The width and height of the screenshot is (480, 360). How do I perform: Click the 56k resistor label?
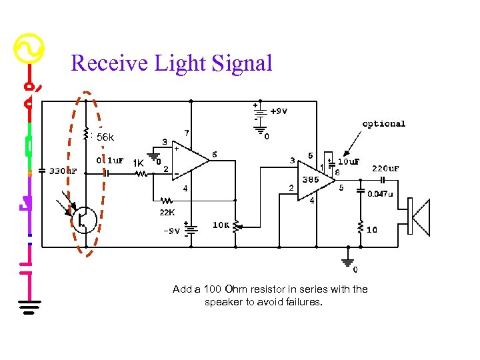[x=105, y=137]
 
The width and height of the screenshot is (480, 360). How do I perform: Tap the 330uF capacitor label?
[x=63, y=171]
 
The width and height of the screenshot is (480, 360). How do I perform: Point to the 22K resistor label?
[x=167, y=213]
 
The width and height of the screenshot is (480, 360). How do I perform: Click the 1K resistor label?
[x=139, y=163]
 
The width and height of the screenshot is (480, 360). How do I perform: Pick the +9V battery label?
[x=279, y=111]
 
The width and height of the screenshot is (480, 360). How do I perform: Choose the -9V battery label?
[x=171, y=231]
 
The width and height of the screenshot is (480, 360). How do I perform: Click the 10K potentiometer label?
[x=221, y=225]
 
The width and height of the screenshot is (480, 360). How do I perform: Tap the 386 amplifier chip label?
[x=309, y=179]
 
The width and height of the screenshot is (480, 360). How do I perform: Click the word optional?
[x=383, y=123]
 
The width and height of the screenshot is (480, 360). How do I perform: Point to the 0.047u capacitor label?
[x=380, y=193]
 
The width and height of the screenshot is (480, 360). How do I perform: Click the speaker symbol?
[x=419, y=217]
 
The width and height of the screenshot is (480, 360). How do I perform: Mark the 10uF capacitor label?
[x=349, y=161]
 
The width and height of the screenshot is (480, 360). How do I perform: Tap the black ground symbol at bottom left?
[x=28, y=306]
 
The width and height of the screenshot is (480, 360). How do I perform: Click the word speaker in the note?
[x=224, y=302]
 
